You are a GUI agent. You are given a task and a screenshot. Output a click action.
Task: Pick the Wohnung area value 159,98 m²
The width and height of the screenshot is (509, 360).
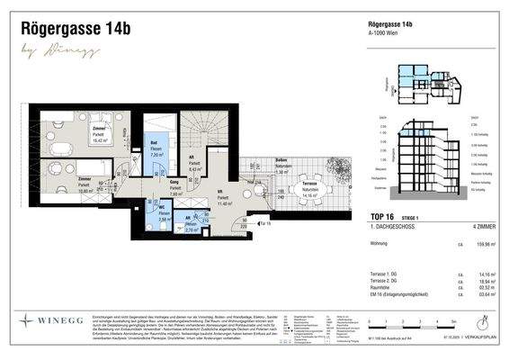479,243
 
